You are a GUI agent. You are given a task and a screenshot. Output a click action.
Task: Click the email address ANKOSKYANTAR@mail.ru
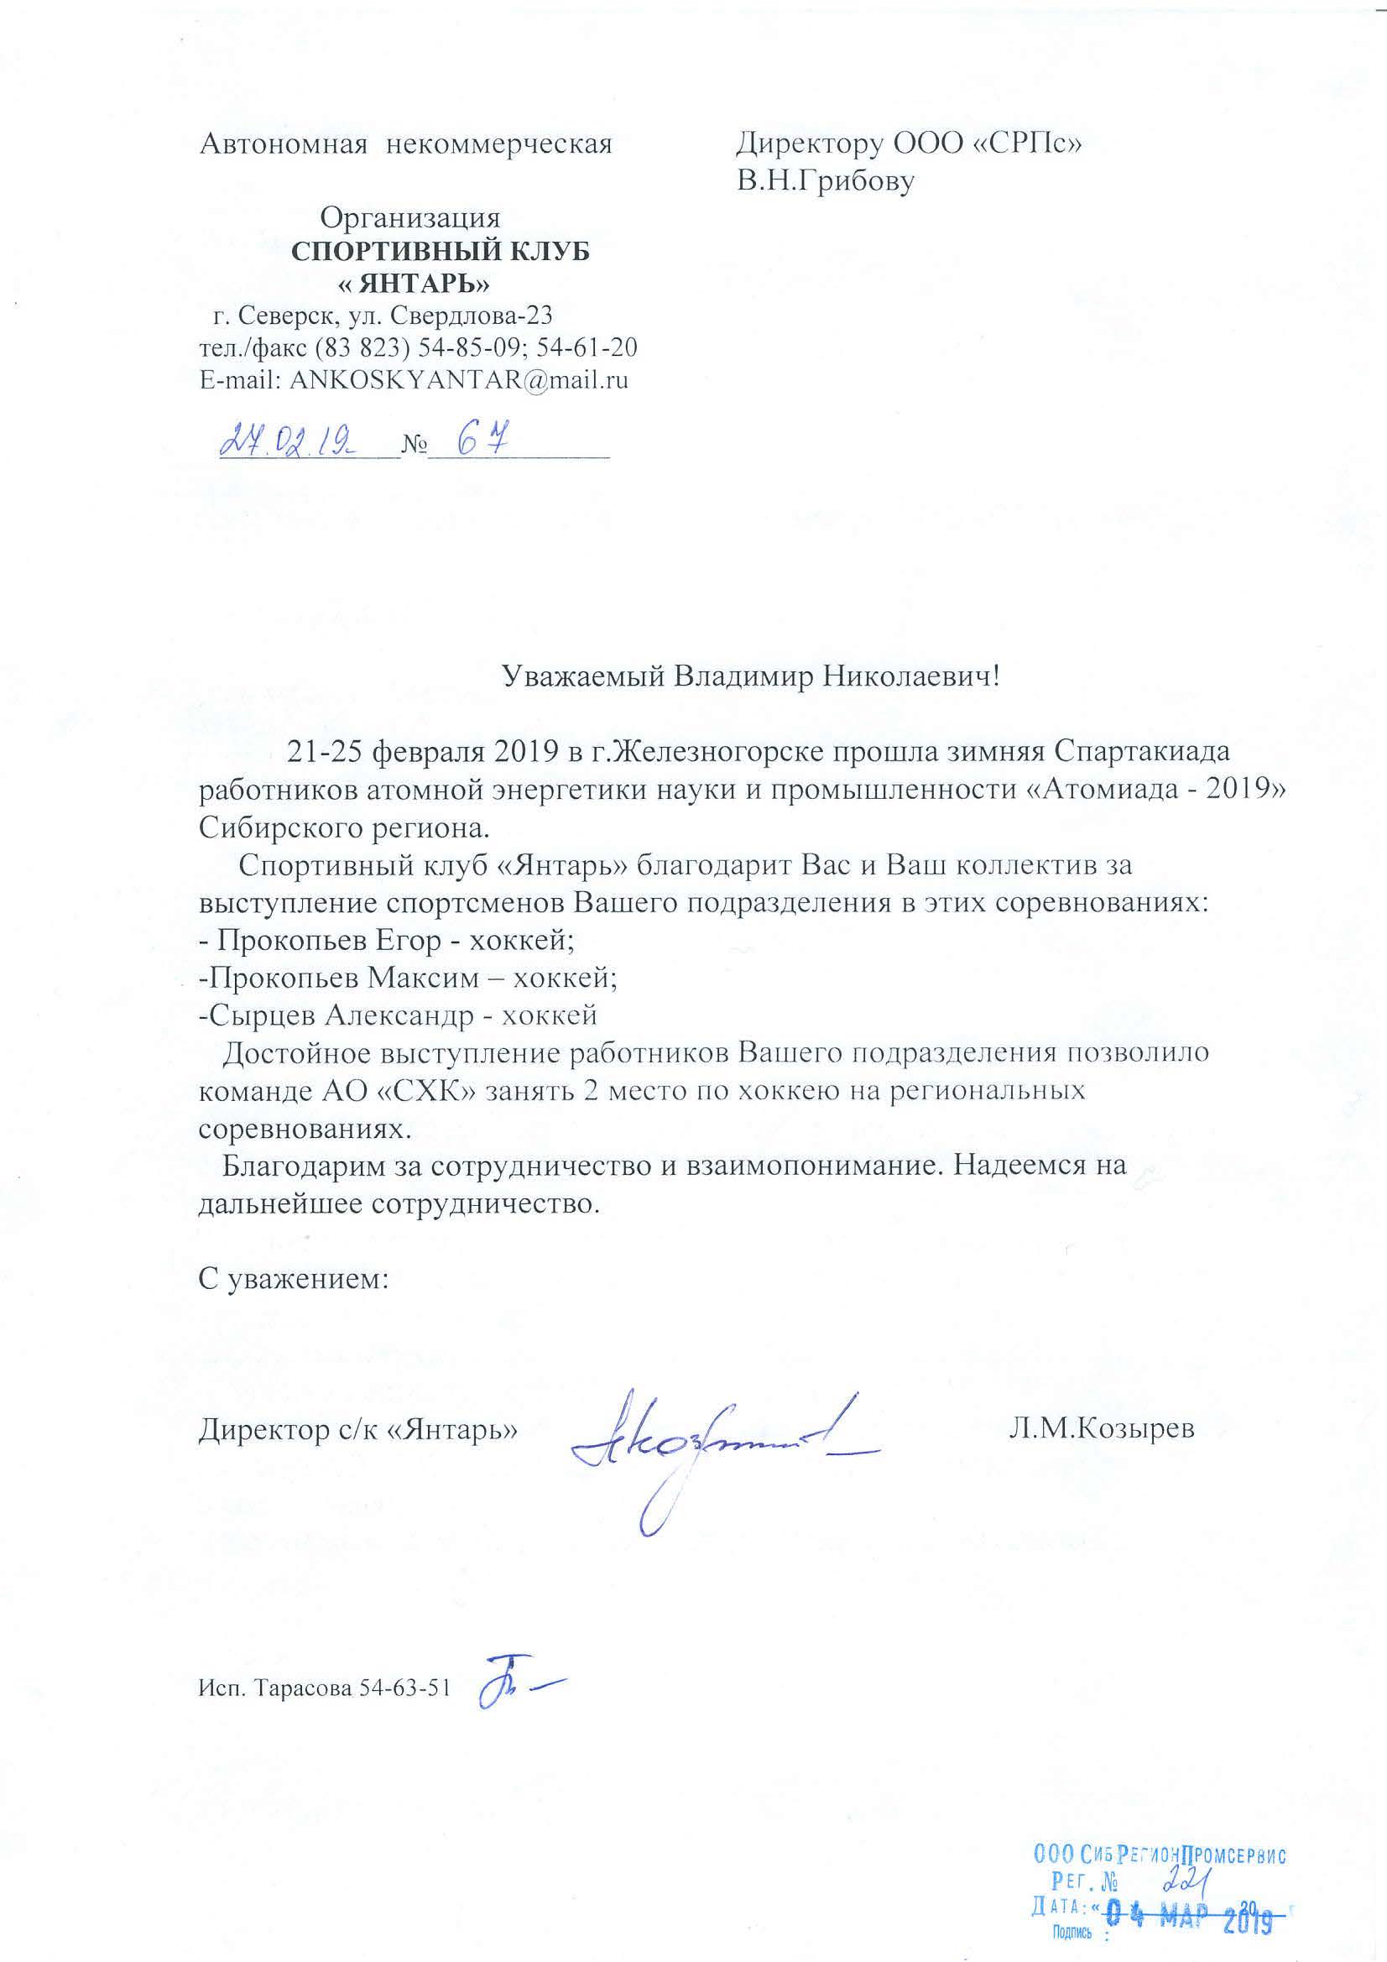[x=459, y=379]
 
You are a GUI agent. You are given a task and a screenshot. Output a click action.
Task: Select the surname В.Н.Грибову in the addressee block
[x=826, y=181]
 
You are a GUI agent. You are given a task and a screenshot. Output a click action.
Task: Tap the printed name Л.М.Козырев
[x=1101, y=1428]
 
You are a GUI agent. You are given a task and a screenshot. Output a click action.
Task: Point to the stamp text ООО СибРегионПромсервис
[x=1160, y=1849]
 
